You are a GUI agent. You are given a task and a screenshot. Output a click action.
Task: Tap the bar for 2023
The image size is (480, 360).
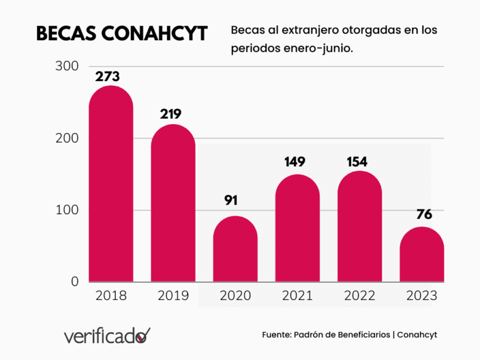422,254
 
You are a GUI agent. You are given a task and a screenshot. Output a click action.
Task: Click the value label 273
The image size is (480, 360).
107,77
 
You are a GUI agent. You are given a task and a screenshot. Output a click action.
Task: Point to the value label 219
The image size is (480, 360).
170,114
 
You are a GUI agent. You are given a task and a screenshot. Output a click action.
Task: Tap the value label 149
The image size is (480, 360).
295,161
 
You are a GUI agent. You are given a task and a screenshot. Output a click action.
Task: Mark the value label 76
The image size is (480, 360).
421,214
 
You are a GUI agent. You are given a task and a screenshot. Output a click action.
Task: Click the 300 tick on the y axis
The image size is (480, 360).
67,66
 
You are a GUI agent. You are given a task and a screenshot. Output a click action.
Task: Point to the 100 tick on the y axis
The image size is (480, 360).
67,210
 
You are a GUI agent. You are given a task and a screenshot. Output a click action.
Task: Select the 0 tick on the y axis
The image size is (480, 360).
75,281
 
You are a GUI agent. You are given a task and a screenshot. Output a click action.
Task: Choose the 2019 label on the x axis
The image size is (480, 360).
173,296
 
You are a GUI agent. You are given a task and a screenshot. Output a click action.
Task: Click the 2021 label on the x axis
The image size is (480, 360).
298,296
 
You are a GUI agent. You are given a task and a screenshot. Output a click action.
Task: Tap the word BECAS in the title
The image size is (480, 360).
66,34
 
